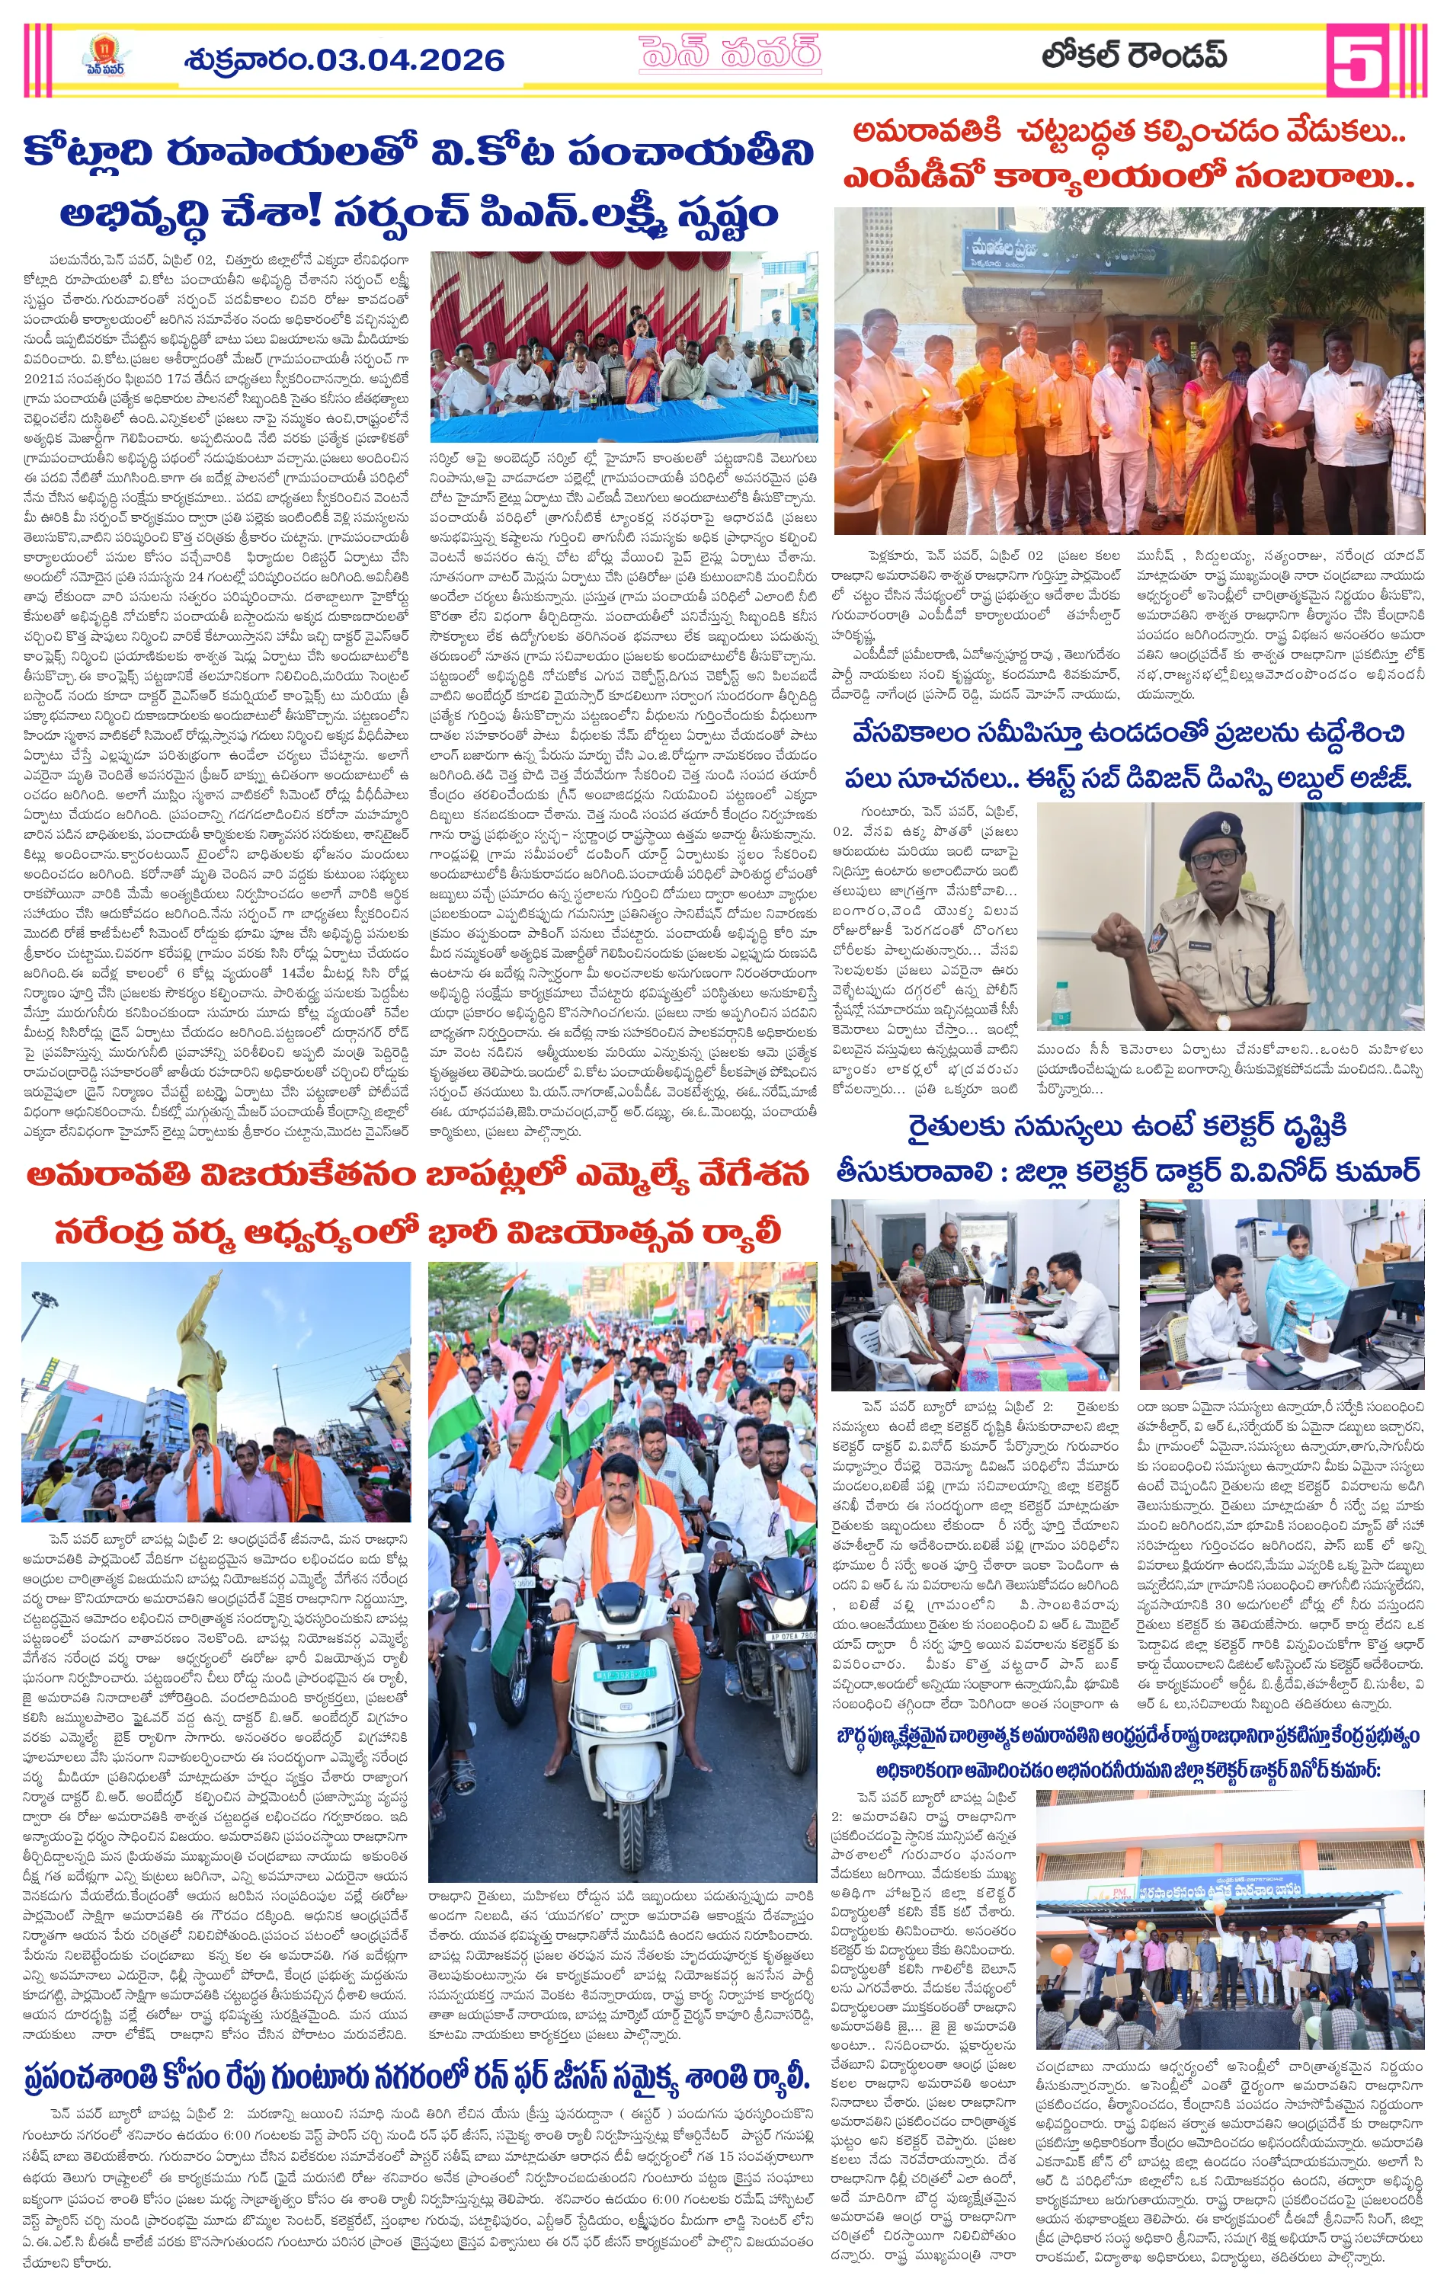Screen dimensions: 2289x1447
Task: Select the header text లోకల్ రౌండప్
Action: (x=1133, y=57)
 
